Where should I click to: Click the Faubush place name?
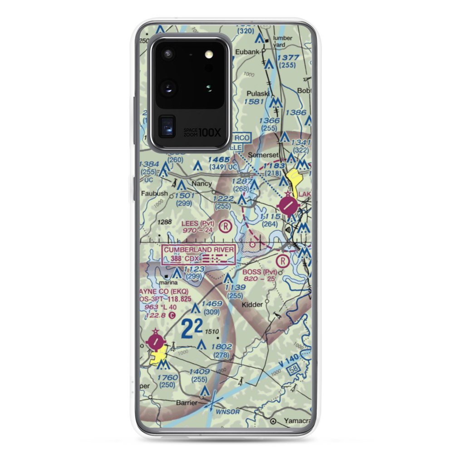tap(154, 193)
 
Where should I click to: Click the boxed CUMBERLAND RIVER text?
tap(199, 250)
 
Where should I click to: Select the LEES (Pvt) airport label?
tap(197, 223)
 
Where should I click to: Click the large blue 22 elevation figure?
tap(192, 329)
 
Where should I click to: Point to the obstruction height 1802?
tap(222, 347)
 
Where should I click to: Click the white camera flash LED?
tap(209, 54)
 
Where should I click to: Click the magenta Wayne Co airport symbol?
tap(155, 340)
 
